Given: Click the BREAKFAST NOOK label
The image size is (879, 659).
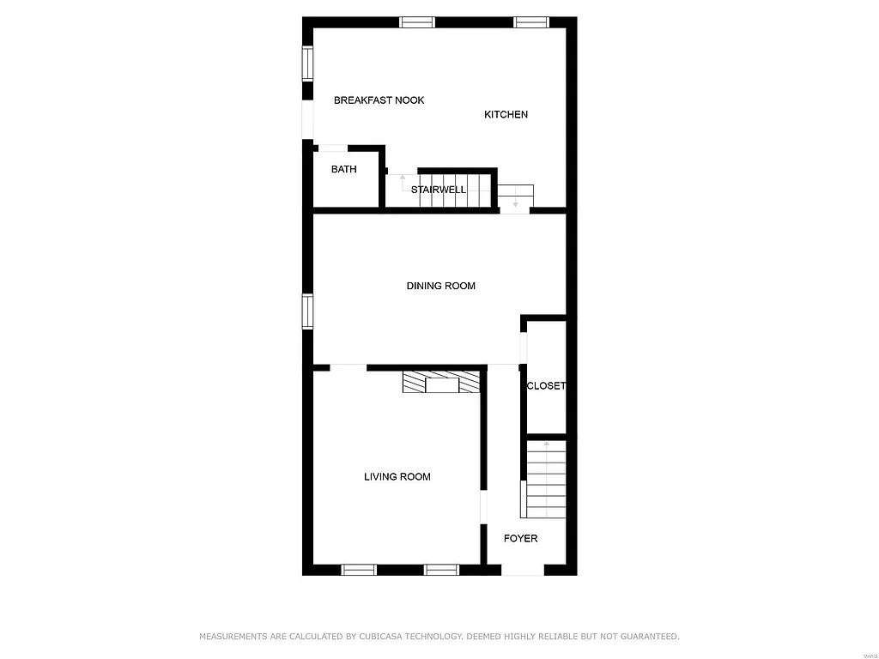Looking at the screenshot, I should click(379, 100).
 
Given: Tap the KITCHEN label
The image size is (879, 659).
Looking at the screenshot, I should click(506, 115).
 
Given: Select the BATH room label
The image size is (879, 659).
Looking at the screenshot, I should click(343, 170).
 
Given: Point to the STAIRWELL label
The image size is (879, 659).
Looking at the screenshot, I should click(438, 190).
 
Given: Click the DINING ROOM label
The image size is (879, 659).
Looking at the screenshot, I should click(440, 286).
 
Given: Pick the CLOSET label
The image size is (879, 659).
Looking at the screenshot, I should click(546, 386).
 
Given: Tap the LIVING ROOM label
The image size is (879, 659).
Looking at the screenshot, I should click(397, 477).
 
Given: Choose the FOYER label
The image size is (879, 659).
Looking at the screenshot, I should click(520, 539).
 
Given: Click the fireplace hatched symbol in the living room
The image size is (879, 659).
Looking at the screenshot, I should click(442, 382).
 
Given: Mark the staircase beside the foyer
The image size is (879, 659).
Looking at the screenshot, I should click(546, 479).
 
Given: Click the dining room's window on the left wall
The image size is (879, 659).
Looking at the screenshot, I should click(306, 311).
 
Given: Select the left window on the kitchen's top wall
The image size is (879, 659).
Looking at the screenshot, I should click(417, 22).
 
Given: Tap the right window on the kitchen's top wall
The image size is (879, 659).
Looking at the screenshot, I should click(531, 22).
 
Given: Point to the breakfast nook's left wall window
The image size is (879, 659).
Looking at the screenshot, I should click(306, 63).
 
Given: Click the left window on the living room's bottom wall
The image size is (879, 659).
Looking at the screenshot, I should click(359, 570).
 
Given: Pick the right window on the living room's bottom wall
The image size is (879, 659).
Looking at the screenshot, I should click(441, 570).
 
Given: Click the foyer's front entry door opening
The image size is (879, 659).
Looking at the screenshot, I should click(522, 570).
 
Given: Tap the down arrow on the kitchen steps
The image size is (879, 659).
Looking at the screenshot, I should click(515, 204).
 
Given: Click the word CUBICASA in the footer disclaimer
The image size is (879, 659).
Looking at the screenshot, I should click(388, 637).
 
